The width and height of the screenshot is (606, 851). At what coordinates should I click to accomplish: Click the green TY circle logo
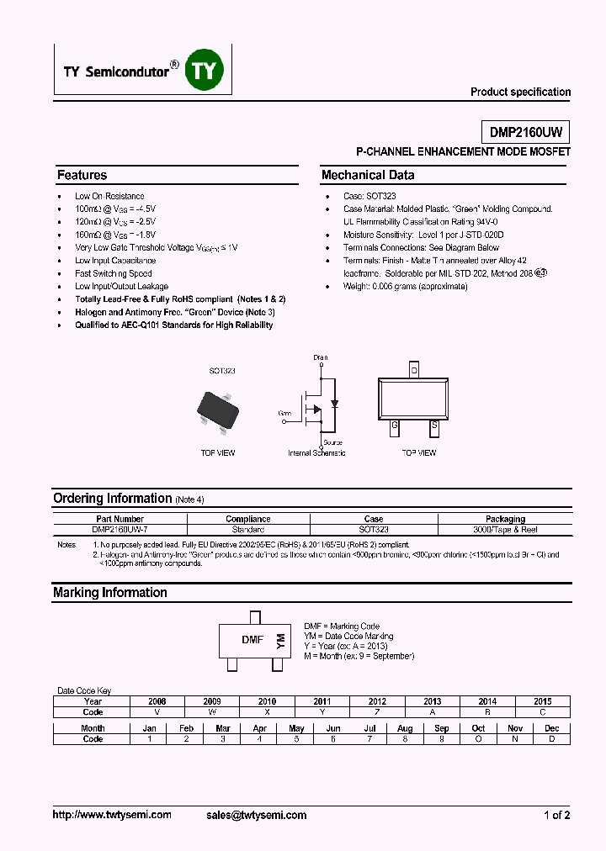(x=205, y=72)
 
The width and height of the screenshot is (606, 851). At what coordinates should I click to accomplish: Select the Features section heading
(x=82, y=176)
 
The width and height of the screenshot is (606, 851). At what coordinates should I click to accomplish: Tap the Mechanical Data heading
(x=368, y=176)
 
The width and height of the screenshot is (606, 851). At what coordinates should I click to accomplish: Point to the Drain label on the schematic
(x=321, y=357)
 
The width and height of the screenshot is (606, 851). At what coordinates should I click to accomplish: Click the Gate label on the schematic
(x=284, y=413)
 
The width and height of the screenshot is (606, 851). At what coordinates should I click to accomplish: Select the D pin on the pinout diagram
(x=413, y=370)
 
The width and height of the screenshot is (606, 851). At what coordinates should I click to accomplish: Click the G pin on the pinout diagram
(x=394, y=425)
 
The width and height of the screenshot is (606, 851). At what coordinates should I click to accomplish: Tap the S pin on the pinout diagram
(x=434, y=425)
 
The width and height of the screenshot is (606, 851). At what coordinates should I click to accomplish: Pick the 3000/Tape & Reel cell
(x=505, y=530)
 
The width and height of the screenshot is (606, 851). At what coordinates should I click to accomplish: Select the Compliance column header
(x=247, y=519)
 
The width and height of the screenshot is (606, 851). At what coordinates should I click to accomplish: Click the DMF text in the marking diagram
(x=252, y=640)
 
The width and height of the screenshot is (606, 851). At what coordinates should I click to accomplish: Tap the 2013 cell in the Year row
(x=432, y=701)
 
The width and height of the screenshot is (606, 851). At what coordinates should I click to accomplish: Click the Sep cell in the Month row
(x=441, y=728)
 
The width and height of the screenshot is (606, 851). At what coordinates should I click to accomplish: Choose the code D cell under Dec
(x=551, y=739)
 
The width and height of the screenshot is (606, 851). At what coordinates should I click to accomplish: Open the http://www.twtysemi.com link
(x=112, y=815)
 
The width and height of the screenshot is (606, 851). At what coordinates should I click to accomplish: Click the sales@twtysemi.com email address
(x=256, y=815)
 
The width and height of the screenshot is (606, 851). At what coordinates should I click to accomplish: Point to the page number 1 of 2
(x=556, y=815)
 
